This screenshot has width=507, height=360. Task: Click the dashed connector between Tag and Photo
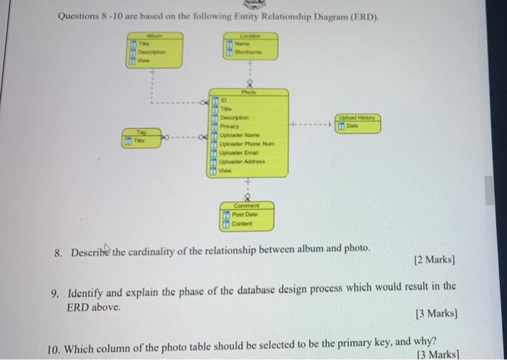tap(189, 136)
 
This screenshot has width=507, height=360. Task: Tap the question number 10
tap(53, 348)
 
